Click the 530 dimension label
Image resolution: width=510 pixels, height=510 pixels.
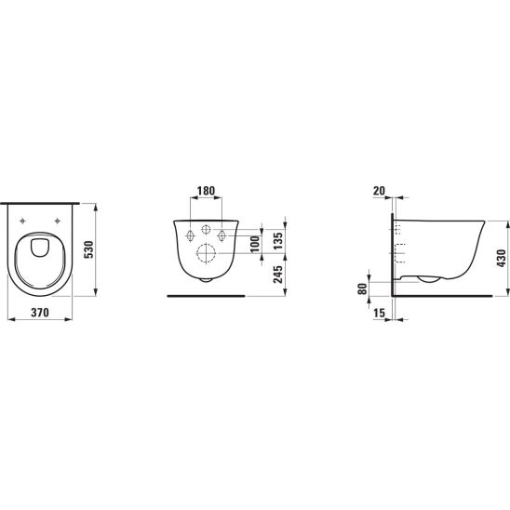point(88,249)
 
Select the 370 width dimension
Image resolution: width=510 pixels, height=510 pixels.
point(40,313)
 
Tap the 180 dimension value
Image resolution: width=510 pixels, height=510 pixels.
point(207,191)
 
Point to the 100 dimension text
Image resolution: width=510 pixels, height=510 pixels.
point(255,244)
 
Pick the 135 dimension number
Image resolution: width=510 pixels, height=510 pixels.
point(278,241)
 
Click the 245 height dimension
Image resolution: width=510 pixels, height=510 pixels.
point(278,275)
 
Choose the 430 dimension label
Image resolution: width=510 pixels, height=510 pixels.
point(502,258)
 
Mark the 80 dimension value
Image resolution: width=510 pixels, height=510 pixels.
point(362,289)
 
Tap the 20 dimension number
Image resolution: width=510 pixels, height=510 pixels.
point(379,191)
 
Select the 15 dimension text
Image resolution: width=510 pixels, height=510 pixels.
point(380,313)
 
